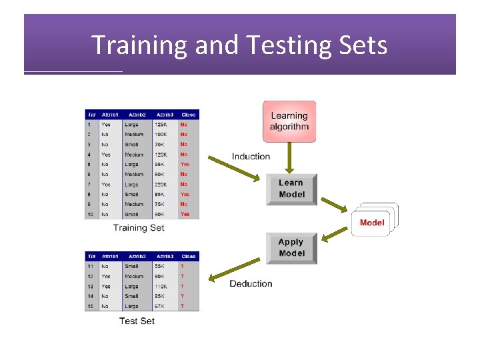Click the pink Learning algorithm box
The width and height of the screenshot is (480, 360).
pos(289,121)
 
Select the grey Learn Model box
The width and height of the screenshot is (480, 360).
pos(291,189)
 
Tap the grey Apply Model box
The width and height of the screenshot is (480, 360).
pos(291,248)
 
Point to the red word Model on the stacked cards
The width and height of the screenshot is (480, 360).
pos(371,223)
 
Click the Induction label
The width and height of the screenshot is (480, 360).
pos(251,157)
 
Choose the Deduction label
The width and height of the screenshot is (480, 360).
pos(251,284)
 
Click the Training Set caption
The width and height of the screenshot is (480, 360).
pos(139,228)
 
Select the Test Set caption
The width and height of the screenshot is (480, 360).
pos(137,321)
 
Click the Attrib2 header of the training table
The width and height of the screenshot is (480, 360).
pos(137,115)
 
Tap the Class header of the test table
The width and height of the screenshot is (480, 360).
pos(189,256)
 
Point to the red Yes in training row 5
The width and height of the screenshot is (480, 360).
pos(185,165)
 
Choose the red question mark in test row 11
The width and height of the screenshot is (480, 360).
pos(182,266)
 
